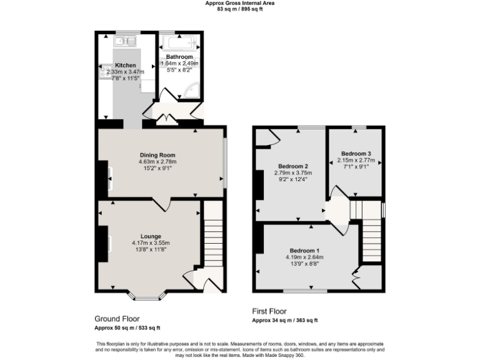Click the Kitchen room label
pos(125,65)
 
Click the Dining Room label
pos(157,155)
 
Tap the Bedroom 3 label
pos(356,154)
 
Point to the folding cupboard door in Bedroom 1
pos(356,272)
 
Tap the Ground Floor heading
pos(117,318)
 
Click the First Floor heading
pos(269,311)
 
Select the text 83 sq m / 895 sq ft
pos(240,9)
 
